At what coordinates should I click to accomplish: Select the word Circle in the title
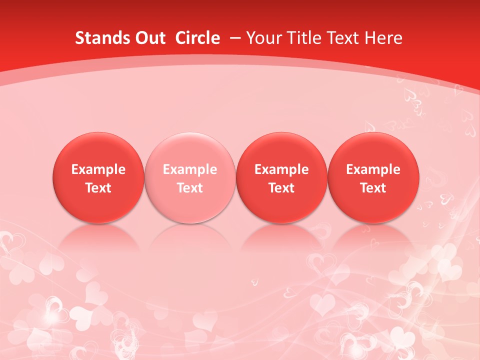[197, 38]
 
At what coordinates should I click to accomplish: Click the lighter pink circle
[190, 177]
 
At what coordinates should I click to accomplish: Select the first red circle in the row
[98, 177]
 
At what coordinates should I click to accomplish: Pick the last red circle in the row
[373, 177]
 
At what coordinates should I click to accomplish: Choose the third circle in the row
[281, 177]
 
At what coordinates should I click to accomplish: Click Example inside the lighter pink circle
[190, 169]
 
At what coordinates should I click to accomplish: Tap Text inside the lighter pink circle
[190, 188]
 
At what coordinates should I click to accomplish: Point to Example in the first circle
[98, 169]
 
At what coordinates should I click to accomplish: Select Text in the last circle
[373, 188]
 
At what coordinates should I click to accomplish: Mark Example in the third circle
[281, 169]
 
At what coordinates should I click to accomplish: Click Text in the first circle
[98, 188]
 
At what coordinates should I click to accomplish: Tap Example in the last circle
[373, 169]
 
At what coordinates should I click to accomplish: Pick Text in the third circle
[281, 188]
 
